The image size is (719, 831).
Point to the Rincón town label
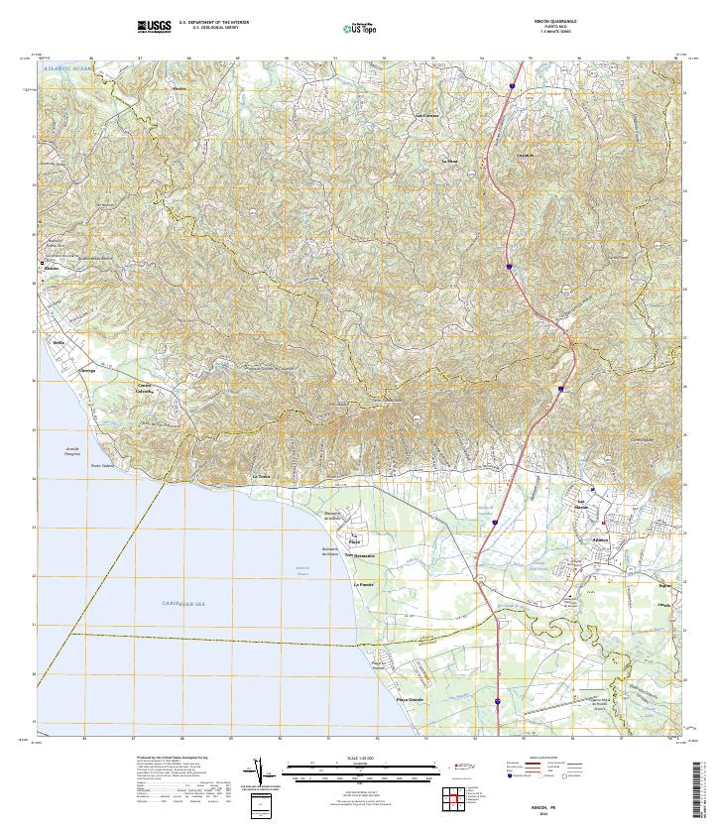click(53, 269)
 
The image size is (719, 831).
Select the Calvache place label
click(146, 391)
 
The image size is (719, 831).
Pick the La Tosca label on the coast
click(261, 477)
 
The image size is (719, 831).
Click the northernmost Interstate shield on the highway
click(511, 87)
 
